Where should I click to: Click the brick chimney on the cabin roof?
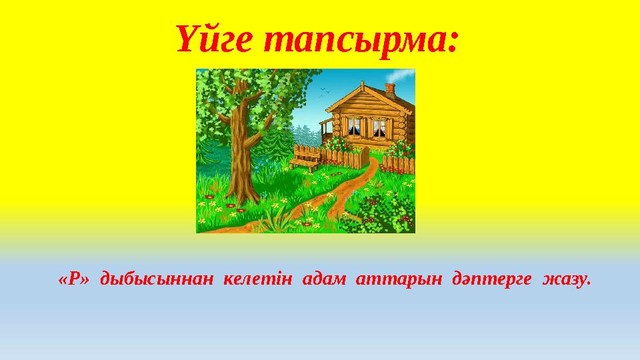(390, 89)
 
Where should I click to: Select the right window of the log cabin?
(379, 127)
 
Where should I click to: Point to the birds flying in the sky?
(323, 93)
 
